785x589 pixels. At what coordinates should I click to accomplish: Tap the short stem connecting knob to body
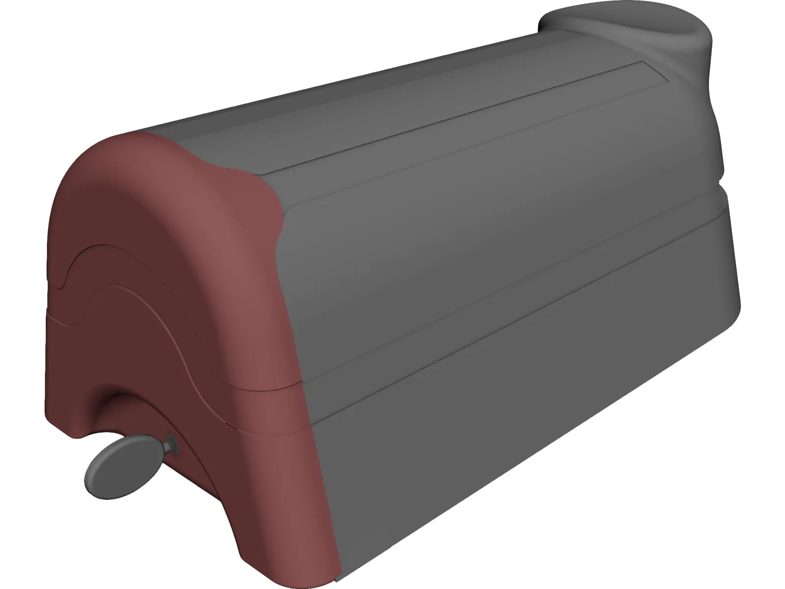coord(170,446)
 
